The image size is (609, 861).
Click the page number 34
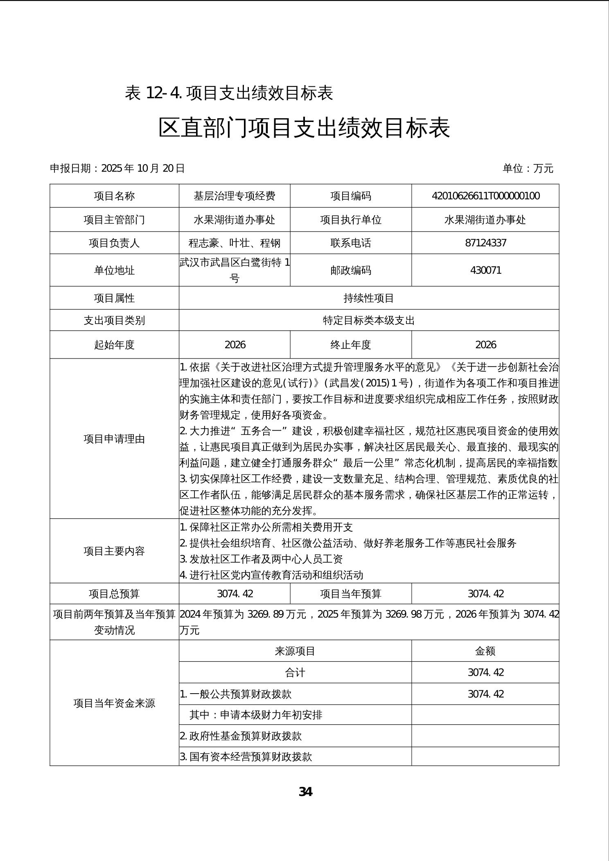[305, 792]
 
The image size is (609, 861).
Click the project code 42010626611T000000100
[485, 196]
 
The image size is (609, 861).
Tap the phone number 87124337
[485, 243]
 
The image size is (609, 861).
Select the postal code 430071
[485, 270]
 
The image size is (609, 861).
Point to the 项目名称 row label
[114, 196]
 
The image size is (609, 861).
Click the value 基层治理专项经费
[235, 196]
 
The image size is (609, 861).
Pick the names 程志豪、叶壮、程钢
[235, 243]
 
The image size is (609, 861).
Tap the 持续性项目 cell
[369, 298]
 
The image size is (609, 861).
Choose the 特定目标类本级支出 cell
[369, 320]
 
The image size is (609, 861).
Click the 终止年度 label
[351, 345]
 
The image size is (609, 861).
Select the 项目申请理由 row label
[114, 439]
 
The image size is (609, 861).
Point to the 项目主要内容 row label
[114, 551]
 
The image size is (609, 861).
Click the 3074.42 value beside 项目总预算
[235, 594]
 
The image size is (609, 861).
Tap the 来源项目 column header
[295, 651]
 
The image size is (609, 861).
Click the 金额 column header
[485, 651]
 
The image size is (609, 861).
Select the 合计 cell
[295, 672]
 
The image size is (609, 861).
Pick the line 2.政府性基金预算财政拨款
[241, 736]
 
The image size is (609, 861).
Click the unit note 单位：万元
[528, 168]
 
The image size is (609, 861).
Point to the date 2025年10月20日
[143, 168]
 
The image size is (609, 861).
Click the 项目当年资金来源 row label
[114, 703]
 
